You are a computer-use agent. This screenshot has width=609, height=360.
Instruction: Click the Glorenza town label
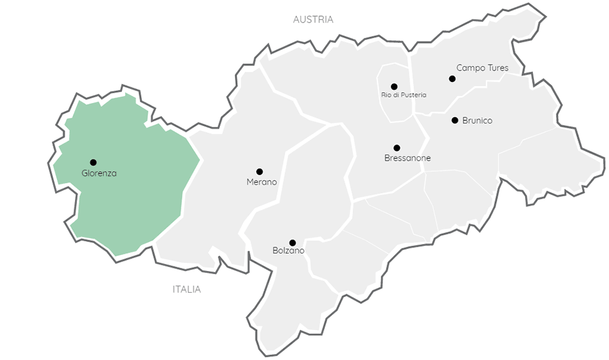(x=99, y=173)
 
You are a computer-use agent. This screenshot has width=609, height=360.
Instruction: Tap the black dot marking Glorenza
(x=93, y=162)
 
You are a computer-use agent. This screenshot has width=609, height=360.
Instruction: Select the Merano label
(x=262, y=182)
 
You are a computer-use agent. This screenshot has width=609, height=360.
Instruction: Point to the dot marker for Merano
(x=260, y=172)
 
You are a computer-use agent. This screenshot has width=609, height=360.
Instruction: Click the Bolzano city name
(x=288, y=250)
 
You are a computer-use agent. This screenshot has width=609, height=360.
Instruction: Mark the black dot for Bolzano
(x=292, y=243)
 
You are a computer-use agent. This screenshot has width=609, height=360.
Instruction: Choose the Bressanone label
(x=407, y=158)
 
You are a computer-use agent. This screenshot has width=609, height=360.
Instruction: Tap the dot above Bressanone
(x=397, y=148)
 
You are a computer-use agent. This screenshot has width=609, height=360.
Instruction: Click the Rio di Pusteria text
(x=403, y=95)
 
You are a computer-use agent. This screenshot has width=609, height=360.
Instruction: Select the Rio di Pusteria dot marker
(x=394, y=86)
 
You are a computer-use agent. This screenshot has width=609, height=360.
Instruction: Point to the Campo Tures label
(x=482, y=67)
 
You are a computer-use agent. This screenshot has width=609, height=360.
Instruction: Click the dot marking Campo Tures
(x=452, y=79)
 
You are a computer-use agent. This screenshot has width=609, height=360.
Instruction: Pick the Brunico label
(x=477, y=120)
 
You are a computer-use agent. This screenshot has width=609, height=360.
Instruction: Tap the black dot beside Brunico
(x=455, y=120)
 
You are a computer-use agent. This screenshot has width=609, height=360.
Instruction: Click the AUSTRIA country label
(x=313, y=19)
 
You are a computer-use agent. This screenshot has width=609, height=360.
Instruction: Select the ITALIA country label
(x=187, y=289)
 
